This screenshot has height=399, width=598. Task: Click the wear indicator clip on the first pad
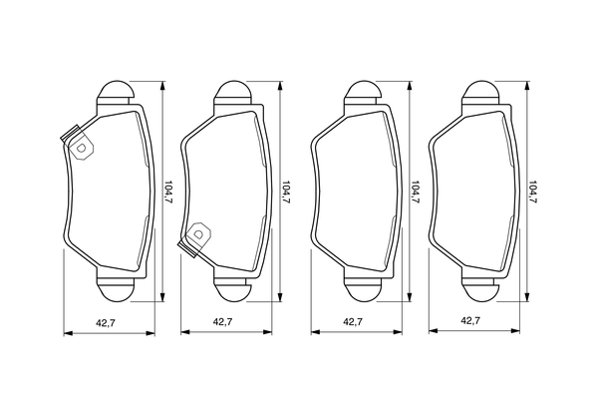pyautogui.click(x=78, y=143)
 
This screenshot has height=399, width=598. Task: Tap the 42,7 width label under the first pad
pyautogui.click(x=106, y=323)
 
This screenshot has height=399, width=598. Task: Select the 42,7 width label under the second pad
pyautogui.click(x=222, y=322)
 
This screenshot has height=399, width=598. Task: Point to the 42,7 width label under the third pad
pyautogui.click(x=353, y=322)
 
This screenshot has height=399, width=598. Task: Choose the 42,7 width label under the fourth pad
pyautogui.click(x=470, y=321)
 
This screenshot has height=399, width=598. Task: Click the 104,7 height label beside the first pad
pyautogui.click(x=169, y=192)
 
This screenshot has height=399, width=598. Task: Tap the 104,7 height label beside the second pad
pyautogui.click(x=286, y=192)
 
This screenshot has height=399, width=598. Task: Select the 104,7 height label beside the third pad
pyautogui.click(x=416, y=192)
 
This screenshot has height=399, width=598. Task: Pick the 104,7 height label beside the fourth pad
pyautogui.click(x=532, y=192)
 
